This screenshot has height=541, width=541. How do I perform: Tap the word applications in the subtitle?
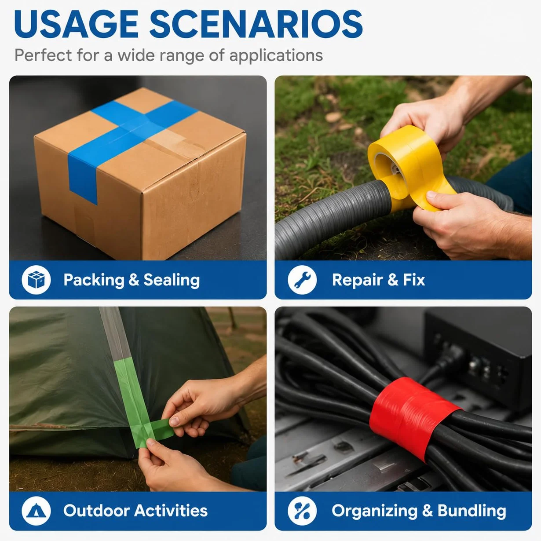coord(276,55)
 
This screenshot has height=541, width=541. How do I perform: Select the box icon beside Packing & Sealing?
coord(36,280)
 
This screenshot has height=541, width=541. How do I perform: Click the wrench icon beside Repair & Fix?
coord(302,280)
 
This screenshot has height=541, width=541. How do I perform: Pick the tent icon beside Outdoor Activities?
coord(36,511)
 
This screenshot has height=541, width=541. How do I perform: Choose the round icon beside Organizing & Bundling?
coord(302,511)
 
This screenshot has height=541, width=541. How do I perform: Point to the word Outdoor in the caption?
coord(96,510)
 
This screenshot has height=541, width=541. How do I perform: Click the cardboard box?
coord(140,174)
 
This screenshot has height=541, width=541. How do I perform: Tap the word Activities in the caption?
coord(171,510)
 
